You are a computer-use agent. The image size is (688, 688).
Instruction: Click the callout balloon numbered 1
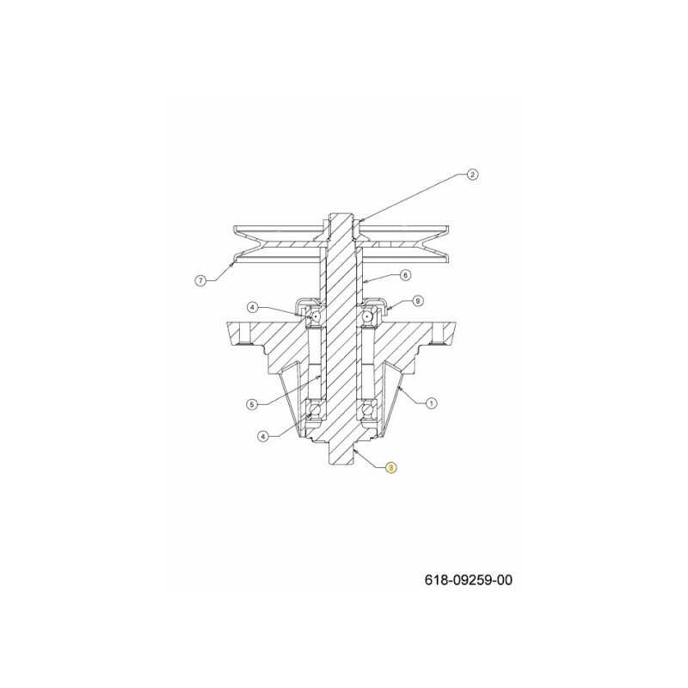432,402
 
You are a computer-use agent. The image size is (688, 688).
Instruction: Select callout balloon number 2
472,175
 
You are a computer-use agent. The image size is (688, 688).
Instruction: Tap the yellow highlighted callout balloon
391,468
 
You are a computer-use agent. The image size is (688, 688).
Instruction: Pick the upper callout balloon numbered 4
252,308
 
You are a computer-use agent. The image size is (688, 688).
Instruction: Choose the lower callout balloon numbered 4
263,436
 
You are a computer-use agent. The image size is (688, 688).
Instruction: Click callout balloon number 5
251,404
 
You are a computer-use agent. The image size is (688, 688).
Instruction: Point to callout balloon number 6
405,275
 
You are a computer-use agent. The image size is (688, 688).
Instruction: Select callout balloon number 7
200,280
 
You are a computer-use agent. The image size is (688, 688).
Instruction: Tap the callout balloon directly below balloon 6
418,301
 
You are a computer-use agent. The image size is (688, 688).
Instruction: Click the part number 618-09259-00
468,580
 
